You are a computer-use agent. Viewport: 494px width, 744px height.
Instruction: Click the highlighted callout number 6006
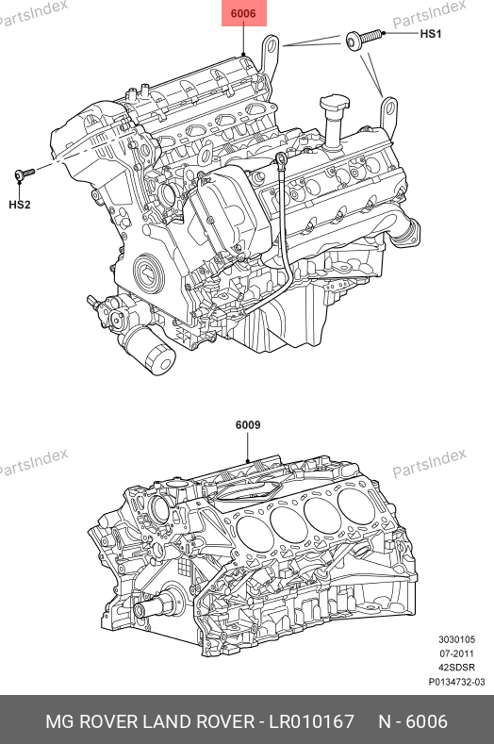point(243,13)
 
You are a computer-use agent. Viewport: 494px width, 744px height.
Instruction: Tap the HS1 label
point(431,34)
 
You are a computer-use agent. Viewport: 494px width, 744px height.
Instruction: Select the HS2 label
point(20,205)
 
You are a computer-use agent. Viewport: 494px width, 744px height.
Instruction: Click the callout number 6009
point(248,424)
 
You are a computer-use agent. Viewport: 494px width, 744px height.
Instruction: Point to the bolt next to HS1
point(364,38)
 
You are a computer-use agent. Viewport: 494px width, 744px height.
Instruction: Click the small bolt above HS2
point(24,174)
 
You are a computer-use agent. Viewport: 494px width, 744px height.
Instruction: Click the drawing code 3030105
point(456,639)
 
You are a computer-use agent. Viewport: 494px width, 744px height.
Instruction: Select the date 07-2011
point(456,653)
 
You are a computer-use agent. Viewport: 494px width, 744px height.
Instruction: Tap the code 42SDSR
point(456,667)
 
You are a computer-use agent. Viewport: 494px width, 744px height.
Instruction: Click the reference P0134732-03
point(456,682)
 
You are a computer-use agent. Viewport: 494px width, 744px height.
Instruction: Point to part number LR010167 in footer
point(312,721)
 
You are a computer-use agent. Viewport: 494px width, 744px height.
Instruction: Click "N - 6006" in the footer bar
point(413,721)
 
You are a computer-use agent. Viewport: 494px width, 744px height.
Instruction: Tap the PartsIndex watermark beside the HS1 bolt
point(430,14)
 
